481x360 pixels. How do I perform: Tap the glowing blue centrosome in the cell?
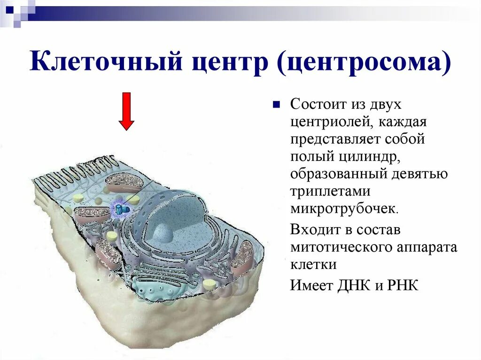point(121,209)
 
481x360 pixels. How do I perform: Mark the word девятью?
point(419,174)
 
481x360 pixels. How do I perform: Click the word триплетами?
point(330,191)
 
